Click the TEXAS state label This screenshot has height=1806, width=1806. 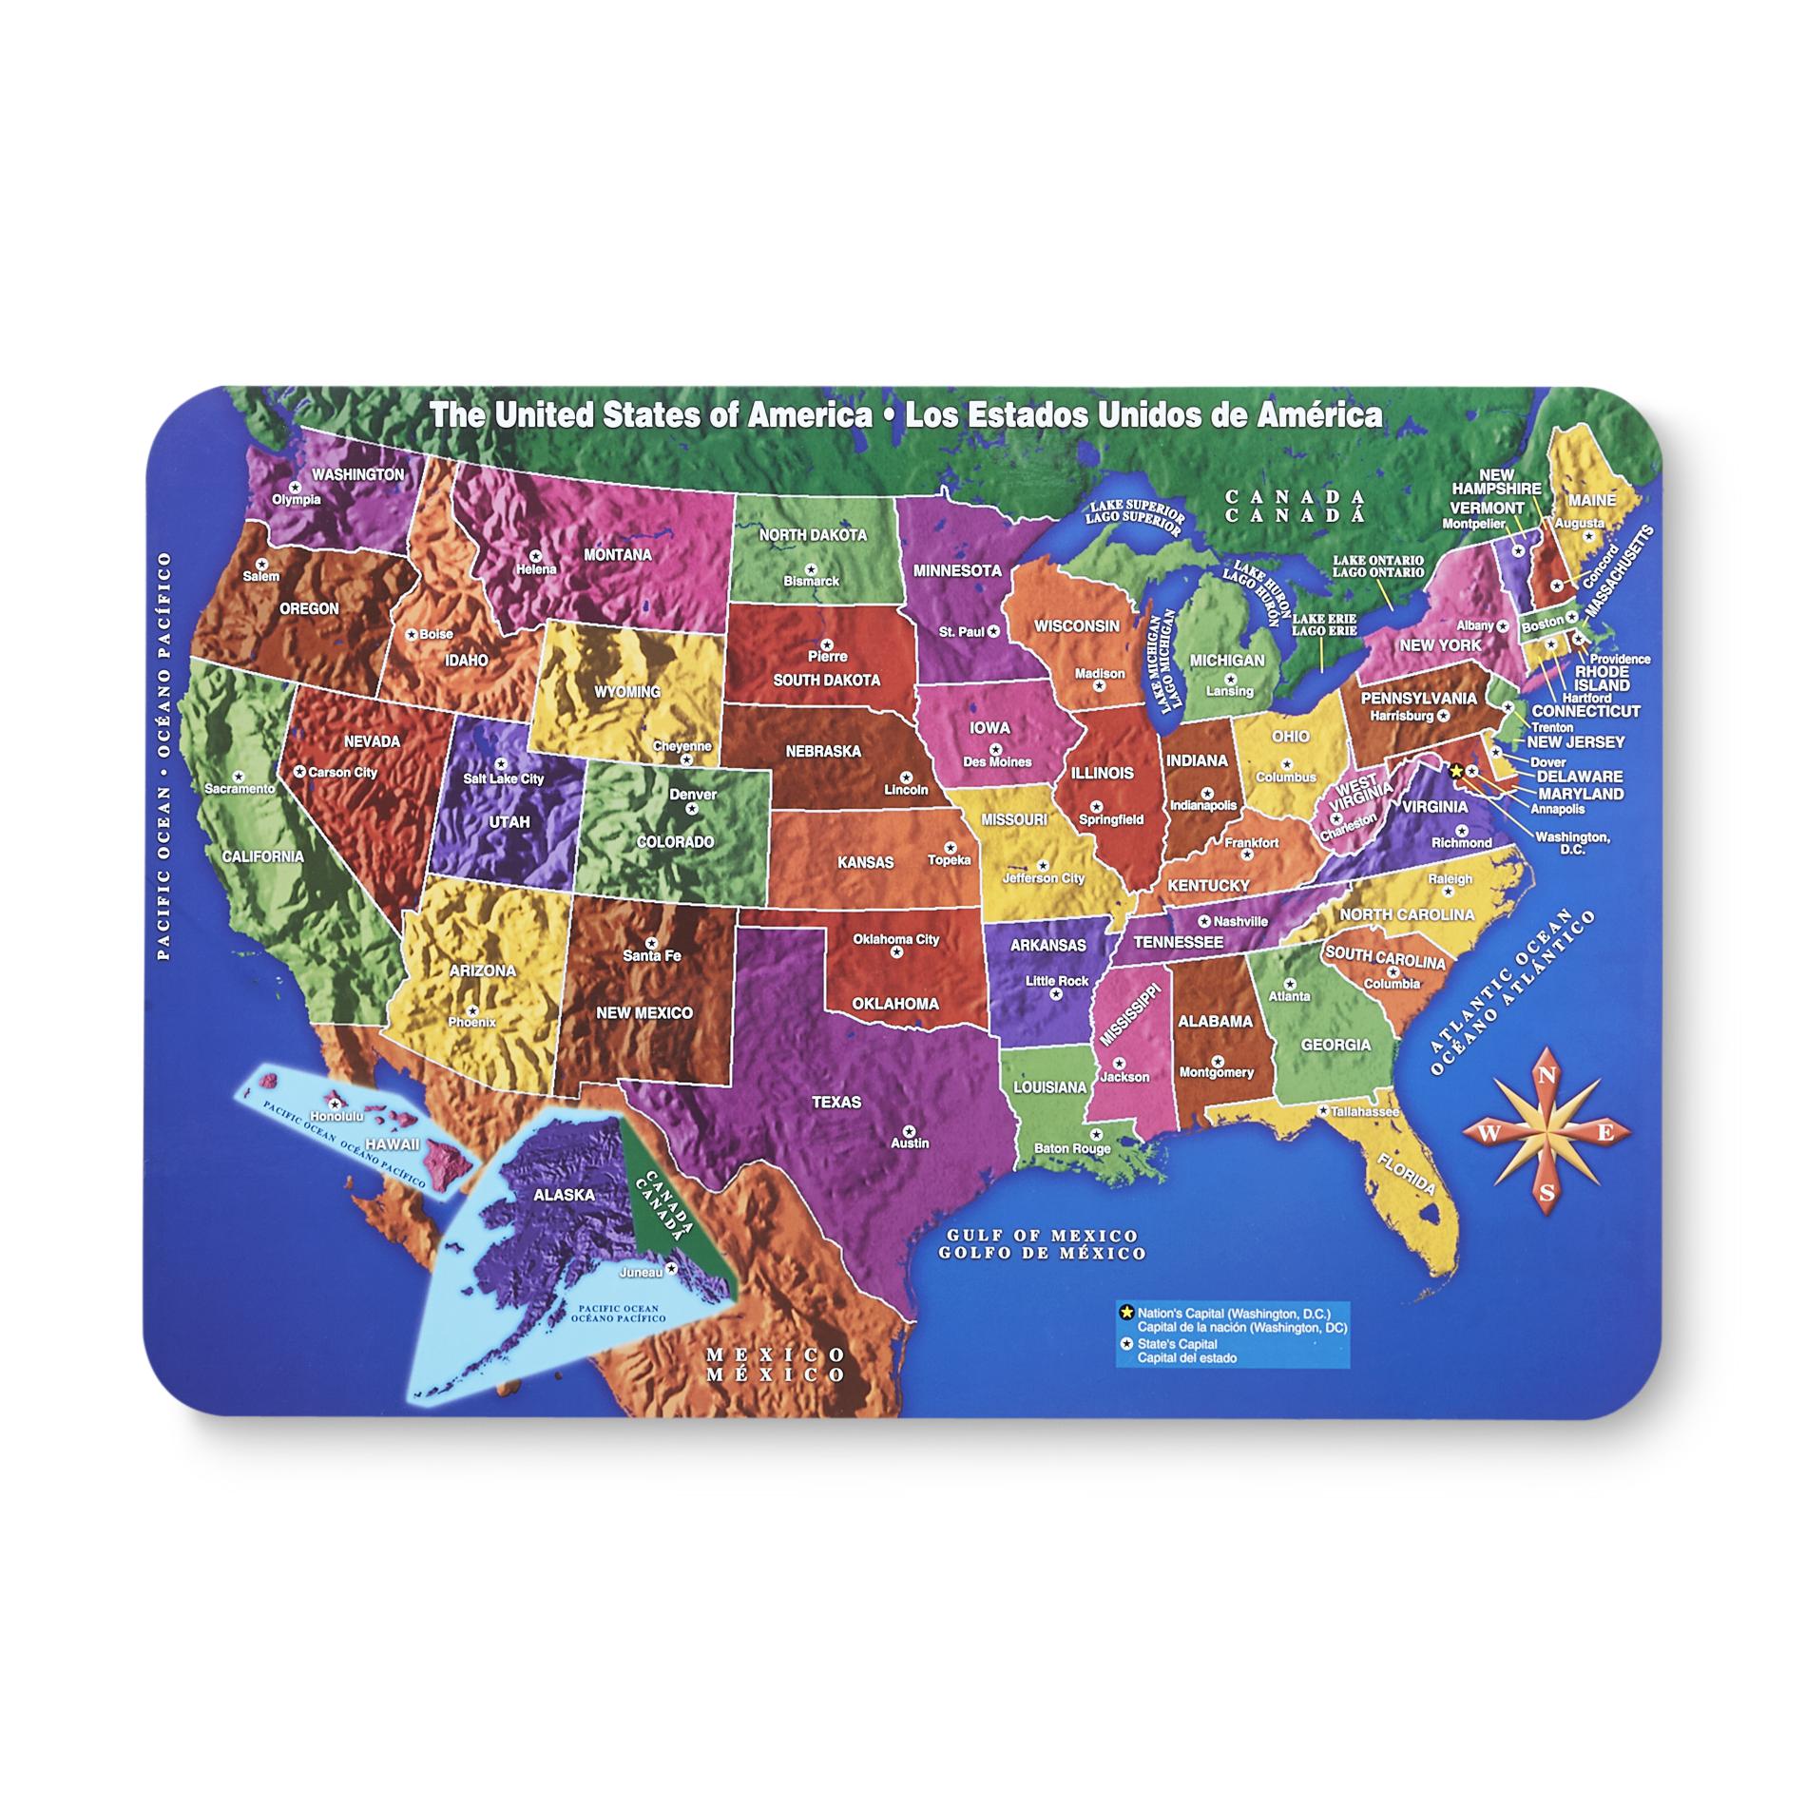836,1102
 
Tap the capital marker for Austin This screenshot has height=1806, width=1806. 909,1131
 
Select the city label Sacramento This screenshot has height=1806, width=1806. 240,788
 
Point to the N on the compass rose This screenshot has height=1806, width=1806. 1546,1076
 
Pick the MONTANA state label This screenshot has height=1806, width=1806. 617,554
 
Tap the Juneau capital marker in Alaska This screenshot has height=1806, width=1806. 671,1268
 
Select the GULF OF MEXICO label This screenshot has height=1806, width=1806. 1042,1235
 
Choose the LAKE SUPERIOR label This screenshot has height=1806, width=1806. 1137,510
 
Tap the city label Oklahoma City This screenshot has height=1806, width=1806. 895,939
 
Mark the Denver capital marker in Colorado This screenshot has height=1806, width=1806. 692,808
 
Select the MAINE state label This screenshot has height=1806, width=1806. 1591,499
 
